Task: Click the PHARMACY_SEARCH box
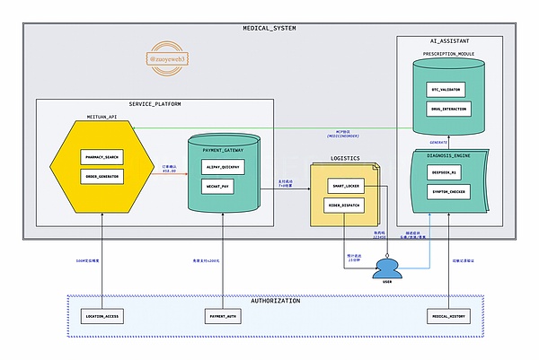[102, 157]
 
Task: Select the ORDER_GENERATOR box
[102, 175]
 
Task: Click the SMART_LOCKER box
[346, 188]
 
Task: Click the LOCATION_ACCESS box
[102, 316]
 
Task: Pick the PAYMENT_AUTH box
[222, 316]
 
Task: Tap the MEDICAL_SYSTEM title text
[269, 29]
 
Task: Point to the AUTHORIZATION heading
[276, 301]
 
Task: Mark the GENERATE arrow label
[438, 142]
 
